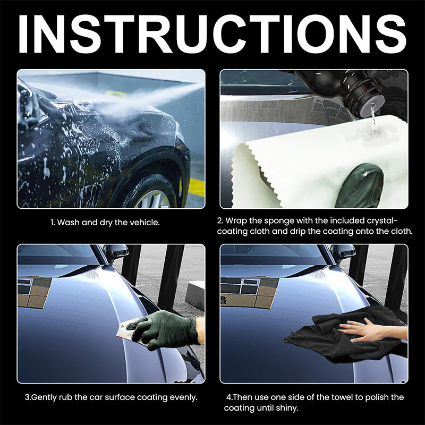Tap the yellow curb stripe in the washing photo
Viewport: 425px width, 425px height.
pos(195,187)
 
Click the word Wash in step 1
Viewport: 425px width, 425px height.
pos(69,222)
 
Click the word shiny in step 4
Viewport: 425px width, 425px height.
pos(287,408)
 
